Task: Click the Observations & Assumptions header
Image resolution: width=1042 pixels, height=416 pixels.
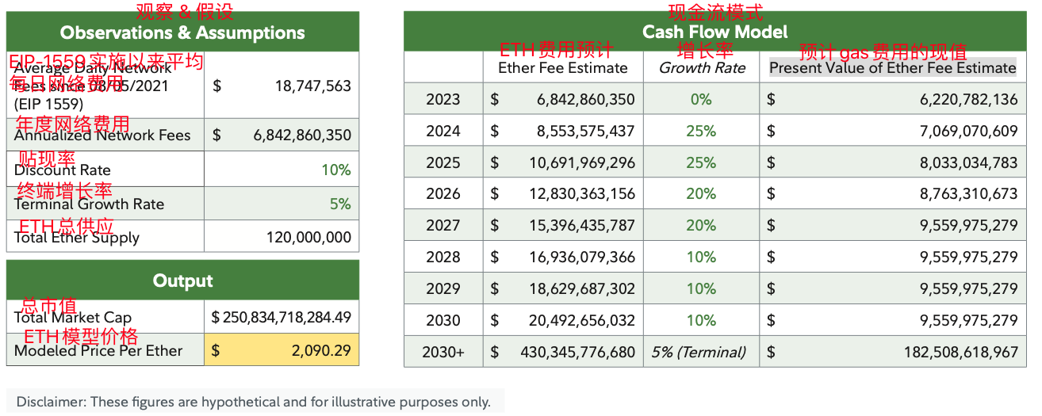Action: (x=182, y=33)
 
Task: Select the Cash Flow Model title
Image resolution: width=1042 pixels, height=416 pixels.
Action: (x=714, y=32)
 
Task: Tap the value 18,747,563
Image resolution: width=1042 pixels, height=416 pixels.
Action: (x=312, y=86)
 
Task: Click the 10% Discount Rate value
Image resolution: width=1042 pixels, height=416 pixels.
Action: (x=335, y=170)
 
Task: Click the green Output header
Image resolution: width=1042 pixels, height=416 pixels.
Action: (x=182, y=281)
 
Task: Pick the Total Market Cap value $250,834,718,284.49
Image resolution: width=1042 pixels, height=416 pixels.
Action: (x=281, y=318)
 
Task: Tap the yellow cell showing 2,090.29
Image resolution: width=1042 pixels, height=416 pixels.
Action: (x=282, y=350)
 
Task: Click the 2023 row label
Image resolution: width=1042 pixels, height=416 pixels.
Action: (x=442, y=99)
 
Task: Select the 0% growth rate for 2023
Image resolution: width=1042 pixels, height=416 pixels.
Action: (x=701, y=99)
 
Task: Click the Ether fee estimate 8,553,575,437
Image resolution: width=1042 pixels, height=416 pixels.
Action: (x=582, y=131)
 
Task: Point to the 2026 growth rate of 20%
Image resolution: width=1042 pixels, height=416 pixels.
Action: (x=701, y=193)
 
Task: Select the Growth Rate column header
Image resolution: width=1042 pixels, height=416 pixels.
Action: (x=702, y=68)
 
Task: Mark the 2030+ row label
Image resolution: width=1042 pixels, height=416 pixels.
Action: (x=443, y=352)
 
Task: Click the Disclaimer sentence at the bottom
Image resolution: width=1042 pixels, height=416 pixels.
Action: (x=253, y=402)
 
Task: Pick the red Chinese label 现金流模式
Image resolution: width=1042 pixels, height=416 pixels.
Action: (x=715, y=12)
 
